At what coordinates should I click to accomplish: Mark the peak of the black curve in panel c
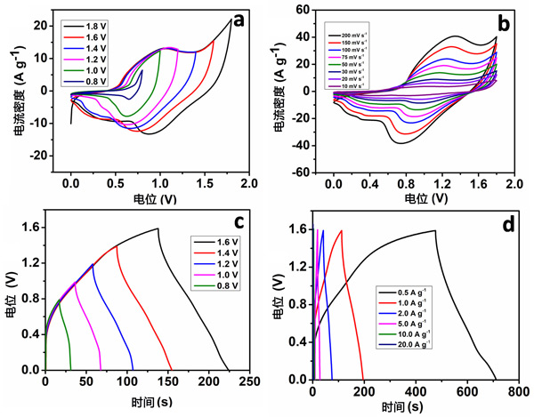point(158,229)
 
